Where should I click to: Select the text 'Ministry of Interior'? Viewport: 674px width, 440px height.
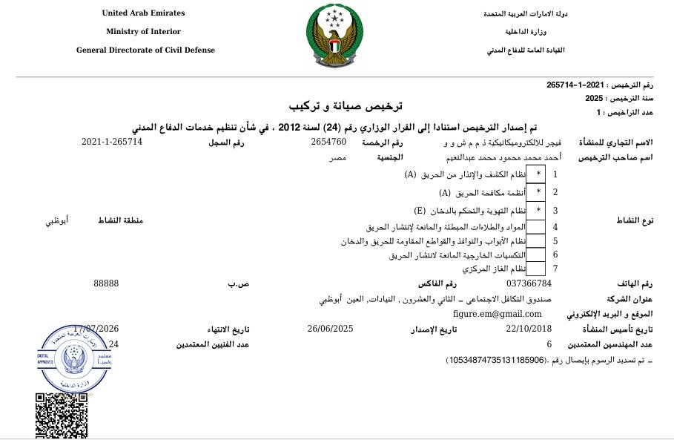pos(143,32)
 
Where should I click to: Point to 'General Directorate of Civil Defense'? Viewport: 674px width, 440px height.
pos(145,50)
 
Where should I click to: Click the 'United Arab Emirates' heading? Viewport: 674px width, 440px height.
pos(143,13)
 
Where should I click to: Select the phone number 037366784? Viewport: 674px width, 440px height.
pos(529,283)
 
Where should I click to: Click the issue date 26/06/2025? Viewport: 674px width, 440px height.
pos(329,329)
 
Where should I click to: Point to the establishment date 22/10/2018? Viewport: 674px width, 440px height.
pos(529,329)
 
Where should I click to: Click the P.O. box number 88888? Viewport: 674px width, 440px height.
pos(106,283)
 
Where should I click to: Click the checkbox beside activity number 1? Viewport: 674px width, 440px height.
pos(538,174)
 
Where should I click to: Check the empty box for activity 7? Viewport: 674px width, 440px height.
pos(538,268)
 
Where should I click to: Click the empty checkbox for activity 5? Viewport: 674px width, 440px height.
pos(538,241)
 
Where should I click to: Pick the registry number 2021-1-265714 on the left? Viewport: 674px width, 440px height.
pos(112,141)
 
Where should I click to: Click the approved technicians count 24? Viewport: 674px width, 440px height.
pos(113,344)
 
